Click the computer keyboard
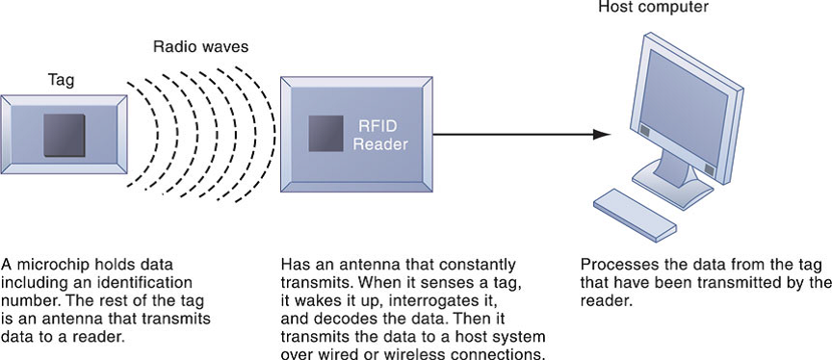[x=635, y=214]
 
